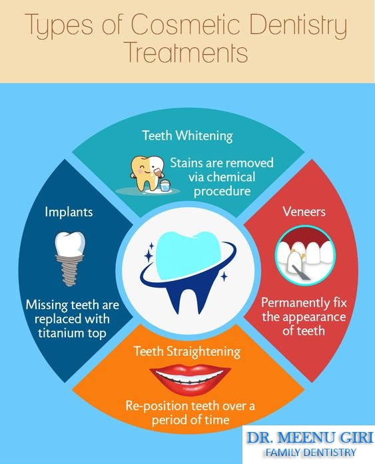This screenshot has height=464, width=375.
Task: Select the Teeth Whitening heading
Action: pyautogui.click(x=187, y=136)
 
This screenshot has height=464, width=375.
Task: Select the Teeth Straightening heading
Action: pyautogui.click(x=187, y=351)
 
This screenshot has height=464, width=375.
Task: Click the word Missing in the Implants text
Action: pyautogui.click(x=46, y=305)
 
